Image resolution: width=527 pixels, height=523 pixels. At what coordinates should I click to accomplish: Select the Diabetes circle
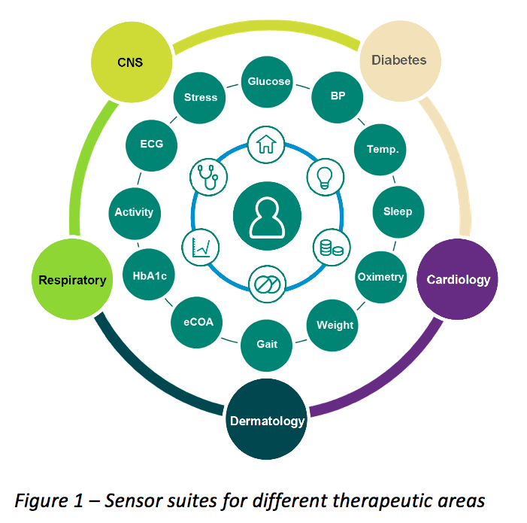pos(398,60)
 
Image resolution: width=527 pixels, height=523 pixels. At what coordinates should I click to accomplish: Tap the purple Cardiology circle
pos(457,280)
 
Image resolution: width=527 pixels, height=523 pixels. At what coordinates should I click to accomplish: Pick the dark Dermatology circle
pos(267,419)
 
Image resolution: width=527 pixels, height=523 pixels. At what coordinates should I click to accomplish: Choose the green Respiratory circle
pos(73,280)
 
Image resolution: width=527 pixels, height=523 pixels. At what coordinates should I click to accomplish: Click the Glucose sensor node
pos(268,82)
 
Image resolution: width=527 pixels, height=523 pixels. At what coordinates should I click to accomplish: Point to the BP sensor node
pos(338,97)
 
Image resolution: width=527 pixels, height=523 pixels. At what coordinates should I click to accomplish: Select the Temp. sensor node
pos(382,149)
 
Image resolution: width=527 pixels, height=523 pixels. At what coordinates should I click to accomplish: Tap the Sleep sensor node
pos(398,211)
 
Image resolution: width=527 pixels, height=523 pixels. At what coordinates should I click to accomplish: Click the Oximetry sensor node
pos(380,276)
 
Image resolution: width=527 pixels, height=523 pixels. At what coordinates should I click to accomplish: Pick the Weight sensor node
pos(335,325)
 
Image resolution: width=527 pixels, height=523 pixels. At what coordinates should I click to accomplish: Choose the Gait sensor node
pos(267,344)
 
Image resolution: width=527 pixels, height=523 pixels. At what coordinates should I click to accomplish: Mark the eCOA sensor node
pos(198,322)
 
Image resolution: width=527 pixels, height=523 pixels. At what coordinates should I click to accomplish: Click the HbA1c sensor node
pos(149,276)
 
